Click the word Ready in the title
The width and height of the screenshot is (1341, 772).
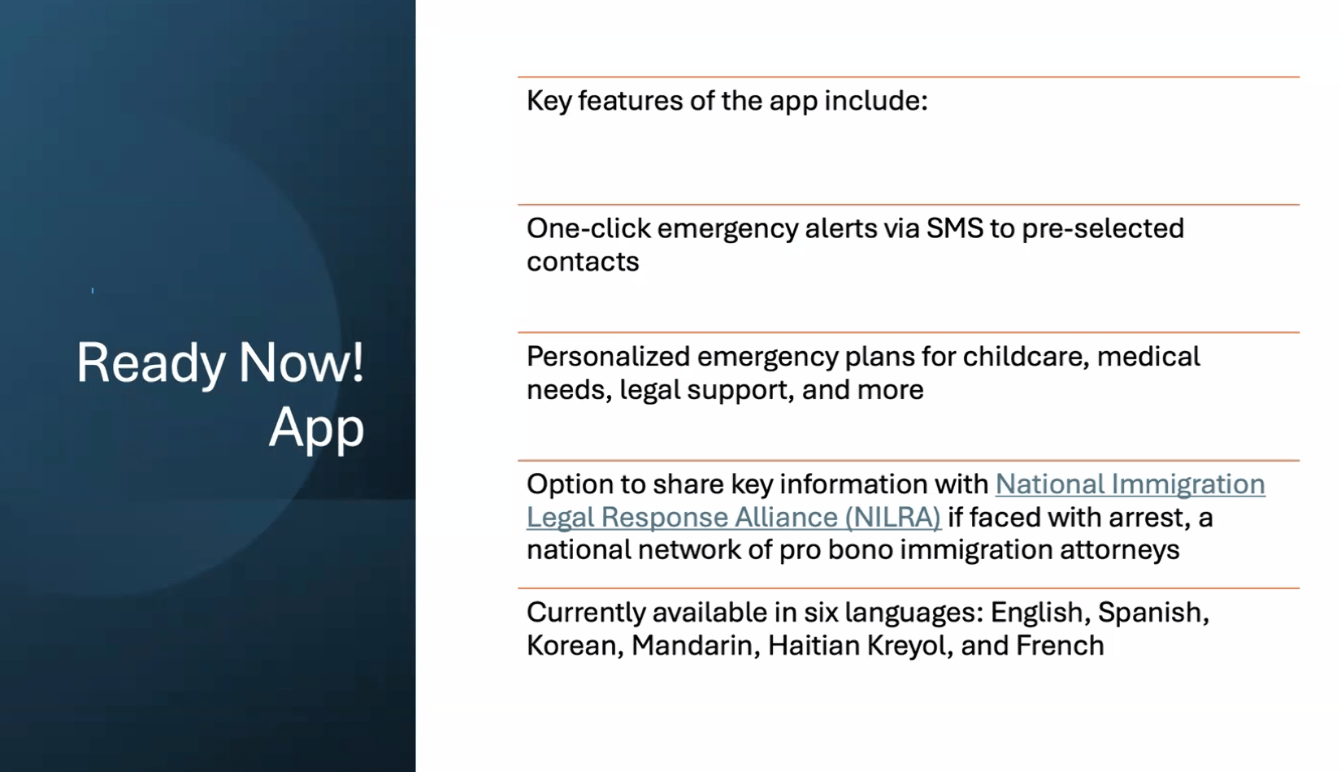coord(151,364)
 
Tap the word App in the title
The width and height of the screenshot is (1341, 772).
coord(316,429)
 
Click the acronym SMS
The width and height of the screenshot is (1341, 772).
coord(954,228)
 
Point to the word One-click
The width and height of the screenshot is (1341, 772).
coord(588,228)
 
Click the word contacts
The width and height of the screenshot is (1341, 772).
coord(583,262)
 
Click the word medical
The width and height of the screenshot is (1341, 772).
coord(1149,356)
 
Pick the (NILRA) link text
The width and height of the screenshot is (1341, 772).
coord(892,517)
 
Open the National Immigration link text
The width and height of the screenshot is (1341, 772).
coord(1131,484)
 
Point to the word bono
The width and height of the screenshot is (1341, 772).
coord(861,549)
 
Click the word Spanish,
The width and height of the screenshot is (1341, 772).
coord(1153,613)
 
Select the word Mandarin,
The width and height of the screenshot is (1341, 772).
coord(696,646)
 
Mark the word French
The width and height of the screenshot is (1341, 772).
coord(1060,646)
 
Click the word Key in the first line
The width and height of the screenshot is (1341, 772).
coord(549,101)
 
